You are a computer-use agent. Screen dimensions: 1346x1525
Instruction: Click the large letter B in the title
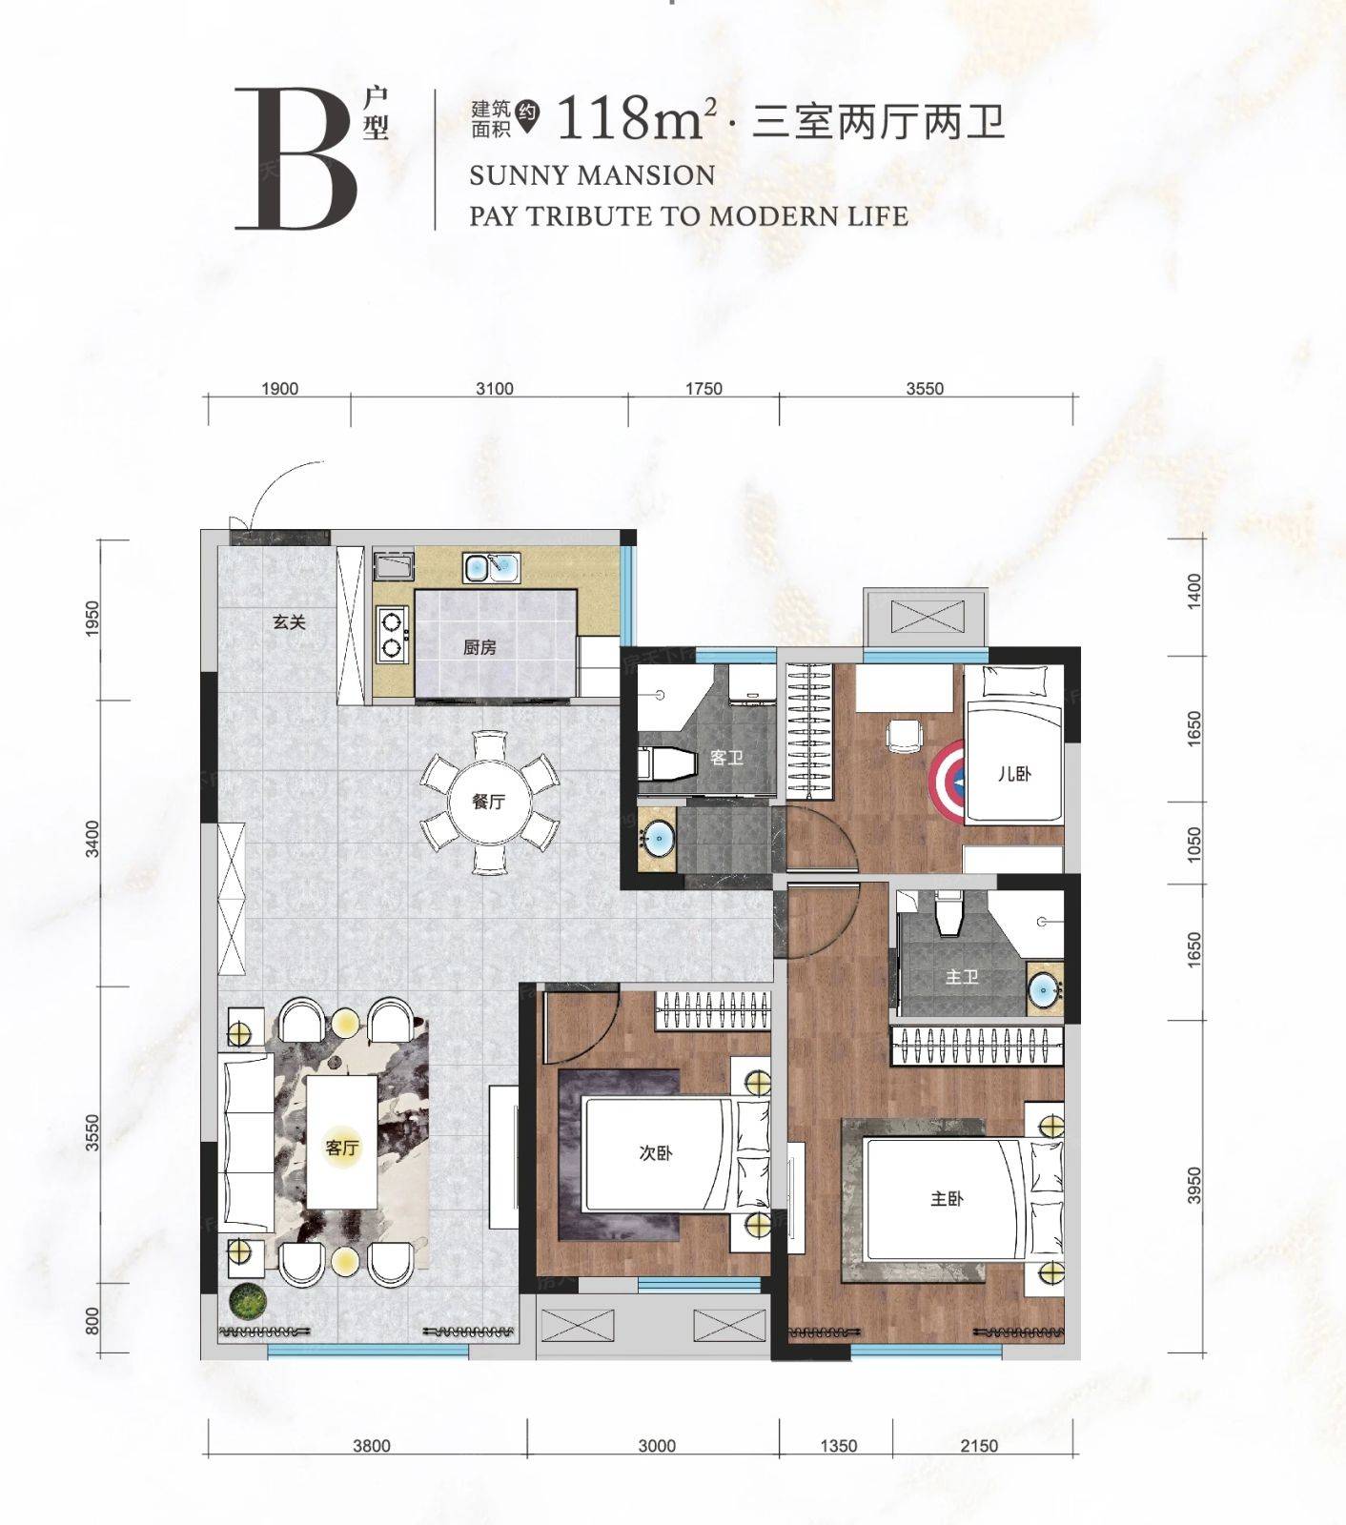click(x=296, y=159)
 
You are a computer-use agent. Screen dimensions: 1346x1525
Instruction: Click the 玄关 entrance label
click(x=289, y=622)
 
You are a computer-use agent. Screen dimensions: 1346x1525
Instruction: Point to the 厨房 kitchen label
click(x=479, y=647)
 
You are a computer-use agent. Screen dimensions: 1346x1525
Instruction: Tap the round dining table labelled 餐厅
click(x=489, y=802)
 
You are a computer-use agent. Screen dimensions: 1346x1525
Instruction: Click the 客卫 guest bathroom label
click(x=726, y=758)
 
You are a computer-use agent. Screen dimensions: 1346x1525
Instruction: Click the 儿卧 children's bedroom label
click(x=1014, y=774)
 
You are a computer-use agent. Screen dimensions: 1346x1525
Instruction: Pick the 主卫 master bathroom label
click(x=962, y=977)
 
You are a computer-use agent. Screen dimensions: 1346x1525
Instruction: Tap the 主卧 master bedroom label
click(x=947, y=1199)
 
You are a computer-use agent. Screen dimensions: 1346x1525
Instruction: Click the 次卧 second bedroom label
click(x=656, y=1153)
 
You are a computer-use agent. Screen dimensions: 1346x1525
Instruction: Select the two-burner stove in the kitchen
click(x=390, y=636)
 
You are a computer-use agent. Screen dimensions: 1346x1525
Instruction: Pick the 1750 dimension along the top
click(x=704, y=389)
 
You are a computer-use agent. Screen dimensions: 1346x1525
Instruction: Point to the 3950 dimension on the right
click(x=1194, y=1187)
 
